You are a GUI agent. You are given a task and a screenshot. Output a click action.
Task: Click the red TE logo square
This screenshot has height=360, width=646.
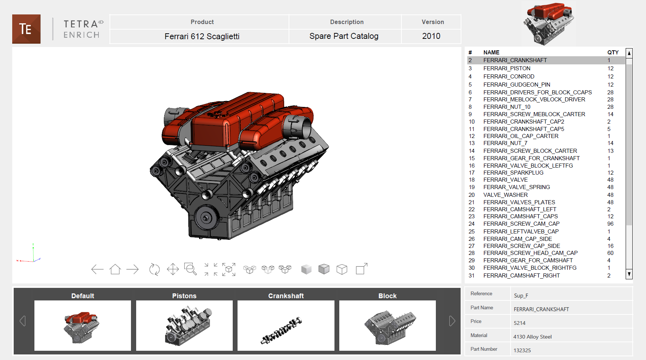click(26, 29)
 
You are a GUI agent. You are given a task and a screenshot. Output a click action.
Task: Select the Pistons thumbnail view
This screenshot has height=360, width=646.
click(184, 325)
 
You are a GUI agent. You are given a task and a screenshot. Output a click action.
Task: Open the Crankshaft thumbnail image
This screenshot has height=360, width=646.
click(286, 325)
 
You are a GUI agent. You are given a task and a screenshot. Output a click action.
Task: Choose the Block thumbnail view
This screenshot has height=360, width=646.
click(387, 325)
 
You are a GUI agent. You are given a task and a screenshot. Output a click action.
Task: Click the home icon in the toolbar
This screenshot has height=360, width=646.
click(115, 269)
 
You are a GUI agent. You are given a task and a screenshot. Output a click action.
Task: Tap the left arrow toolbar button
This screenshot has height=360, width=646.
click(97, 269)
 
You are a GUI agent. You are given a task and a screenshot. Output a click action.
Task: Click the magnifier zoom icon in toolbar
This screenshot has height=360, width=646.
click(191, 269)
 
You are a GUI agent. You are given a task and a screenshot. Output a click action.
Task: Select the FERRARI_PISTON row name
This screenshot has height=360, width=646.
click(507, 68)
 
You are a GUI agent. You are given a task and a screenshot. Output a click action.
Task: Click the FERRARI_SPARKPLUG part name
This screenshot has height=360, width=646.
click(513, 173)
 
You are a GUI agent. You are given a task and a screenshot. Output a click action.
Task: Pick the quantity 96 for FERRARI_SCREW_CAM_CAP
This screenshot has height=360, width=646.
click(610, 224)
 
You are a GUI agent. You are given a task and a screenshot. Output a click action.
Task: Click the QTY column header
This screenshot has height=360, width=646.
click(613, 53)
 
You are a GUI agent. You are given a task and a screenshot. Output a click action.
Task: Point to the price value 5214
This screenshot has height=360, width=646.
click(519, 323)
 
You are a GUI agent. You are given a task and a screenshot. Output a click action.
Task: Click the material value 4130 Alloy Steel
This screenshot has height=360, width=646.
click(532, 337)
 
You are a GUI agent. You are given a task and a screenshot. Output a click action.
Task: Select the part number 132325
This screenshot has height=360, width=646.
click(522, 350)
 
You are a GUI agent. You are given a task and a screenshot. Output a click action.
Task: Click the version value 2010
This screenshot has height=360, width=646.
click(431, 36)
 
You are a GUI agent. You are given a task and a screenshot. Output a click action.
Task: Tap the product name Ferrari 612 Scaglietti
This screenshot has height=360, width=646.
click(202, 36)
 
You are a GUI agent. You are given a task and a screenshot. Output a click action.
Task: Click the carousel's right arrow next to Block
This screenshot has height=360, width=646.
click(452, 321)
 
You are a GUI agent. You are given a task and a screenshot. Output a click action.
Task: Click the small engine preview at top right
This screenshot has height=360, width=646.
click(549, 24)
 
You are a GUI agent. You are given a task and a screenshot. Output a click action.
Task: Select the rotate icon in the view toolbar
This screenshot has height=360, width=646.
click(154, 269)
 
